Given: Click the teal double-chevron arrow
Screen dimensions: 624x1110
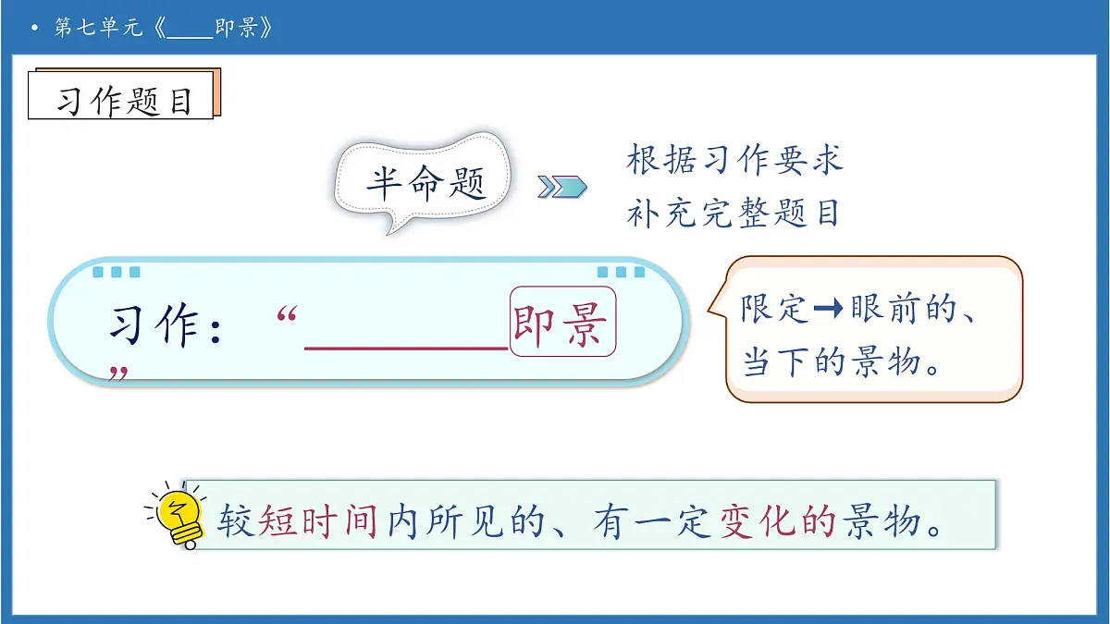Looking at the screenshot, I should click(562, 187).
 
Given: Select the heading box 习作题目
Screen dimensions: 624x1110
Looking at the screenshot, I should click(123, 100).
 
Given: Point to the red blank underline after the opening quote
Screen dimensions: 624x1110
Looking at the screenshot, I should click(406, 348).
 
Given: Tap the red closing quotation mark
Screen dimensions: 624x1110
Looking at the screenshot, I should click(117, 374).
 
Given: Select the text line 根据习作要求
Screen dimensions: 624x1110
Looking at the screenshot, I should click(735, 159).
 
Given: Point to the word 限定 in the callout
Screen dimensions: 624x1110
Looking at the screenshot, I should click(775, 309).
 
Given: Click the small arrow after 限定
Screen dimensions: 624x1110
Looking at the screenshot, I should click(830, 310).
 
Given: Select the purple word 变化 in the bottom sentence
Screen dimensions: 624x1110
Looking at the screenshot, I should click(758, 522).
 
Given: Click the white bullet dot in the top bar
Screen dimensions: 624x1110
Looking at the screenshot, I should click(34, 29).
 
